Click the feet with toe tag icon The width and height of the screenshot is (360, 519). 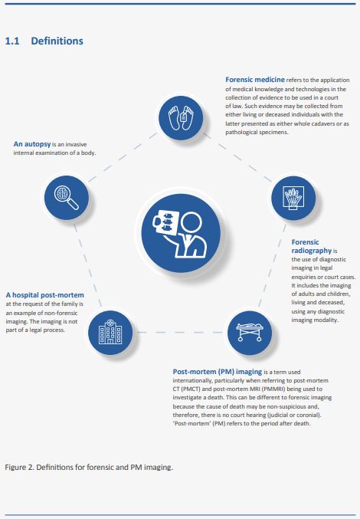pos(181,118)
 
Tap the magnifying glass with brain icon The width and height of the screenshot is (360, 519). pos(67,198)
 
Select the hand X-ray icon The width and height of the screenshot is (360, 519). pos(293,198)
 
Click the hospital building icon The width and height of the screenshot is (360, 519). pos(110,332)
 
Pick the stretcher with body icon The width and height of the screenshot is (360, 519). pos(250,332)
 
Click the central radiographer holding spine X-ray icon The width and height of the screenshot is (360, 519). pos(181,233)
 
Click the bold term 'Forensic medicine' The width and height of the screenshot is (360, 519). pos(255,80)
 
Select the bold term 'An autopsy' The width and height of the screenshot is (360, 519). pos(32,144)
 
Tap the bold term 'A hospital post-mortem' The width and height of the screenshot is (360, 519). pos(45,295)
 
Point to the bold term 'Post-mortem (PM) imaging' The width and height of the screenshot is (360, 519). pos(218,372)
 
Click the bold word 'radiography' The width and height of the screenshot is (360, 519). pos(312,251)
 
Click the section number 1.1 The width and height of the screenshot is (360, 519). pos(12,41)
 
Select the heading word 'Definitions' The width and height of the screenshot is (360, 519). pos(57,41)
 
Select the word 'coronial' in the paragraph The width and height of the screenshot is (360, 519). pos(309,415)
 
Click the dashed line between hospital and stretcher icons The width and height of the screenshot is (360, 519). pos(180,332)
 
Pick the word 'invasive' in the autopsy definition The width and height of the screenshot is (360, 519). pos(77,145)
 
